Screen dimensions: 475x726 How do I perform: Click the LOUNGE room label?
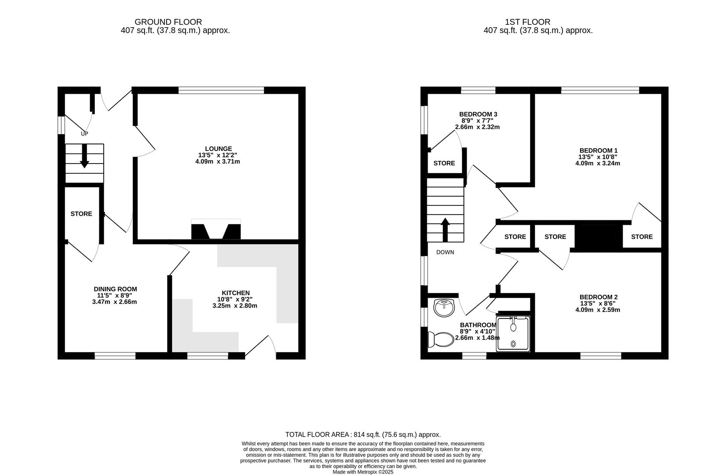click(x=218, y=149)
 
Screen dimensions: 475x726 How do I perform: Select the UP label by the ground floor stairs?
click(x=84, y=133)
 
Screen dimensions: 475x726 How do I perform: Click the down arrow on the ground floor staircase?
click(x=84, y=157)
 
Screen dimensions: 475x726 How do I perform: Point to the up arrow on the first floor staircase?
click(x=445, y=229)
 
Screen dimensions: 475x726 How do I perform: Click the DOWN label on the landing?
click(x=445, y=252)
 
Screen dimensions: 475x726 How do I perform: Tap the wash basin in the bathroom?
click(x=444, y=307)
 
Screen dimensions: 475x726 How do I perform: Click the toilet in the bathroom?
click(x=441, y=340)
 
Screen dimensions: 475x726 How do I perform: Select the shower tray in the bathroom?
click(x=513, y=334)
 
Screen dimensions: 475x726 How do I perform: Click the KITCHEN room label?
click(x=236, y=293)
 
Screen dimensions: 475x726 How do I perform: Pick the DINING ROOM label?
click(x=115, y=289)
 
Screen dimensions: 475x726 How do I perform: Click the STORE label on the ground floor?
click(x=81, y=214)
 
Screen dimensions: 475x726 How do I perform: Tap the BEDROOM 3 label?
click(x=478, y=114)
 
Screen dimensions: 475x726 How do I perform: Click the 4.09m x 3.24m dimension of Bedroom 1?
click(x=597, y=163)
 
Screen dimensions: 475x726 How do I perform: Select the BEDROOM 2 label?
click(x=598, y=297)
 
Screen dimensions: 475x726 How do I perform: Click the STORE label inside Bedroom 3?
click(x=444, y=163)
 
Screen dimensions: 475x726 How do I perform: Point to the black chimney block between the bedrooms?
click(x=599, y=237)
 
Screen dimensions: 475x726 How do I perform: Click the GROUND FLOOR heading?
click(x=168, y=22)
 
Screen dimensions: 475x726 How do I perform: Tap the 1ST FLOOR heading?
click(x=527, y=22)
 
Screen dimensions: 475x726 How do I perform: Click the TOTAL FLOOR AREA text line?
click(x=363, y=434)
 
